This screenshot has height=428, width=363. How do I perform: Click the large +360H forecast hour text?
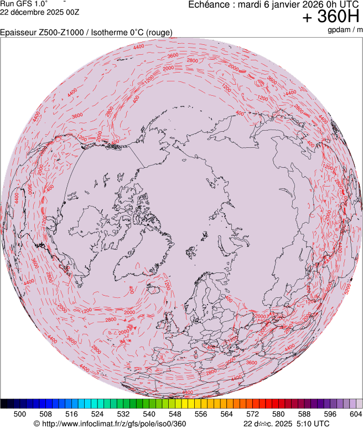(x=331, y=18)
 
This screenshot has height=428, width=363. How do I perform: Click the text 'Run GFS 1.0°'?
(x=24, y=4)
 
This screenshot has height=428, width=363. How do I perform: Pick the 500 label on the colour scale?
(x=20, y=414)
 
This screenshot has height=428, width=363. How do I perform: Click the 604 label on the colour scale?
(x=355, y=414)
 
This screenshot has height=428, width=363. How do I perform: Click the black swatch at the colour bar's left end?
(x=4, y=404)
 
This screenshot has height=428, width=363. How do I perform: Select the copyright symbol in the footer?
(x=37, y=424)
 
